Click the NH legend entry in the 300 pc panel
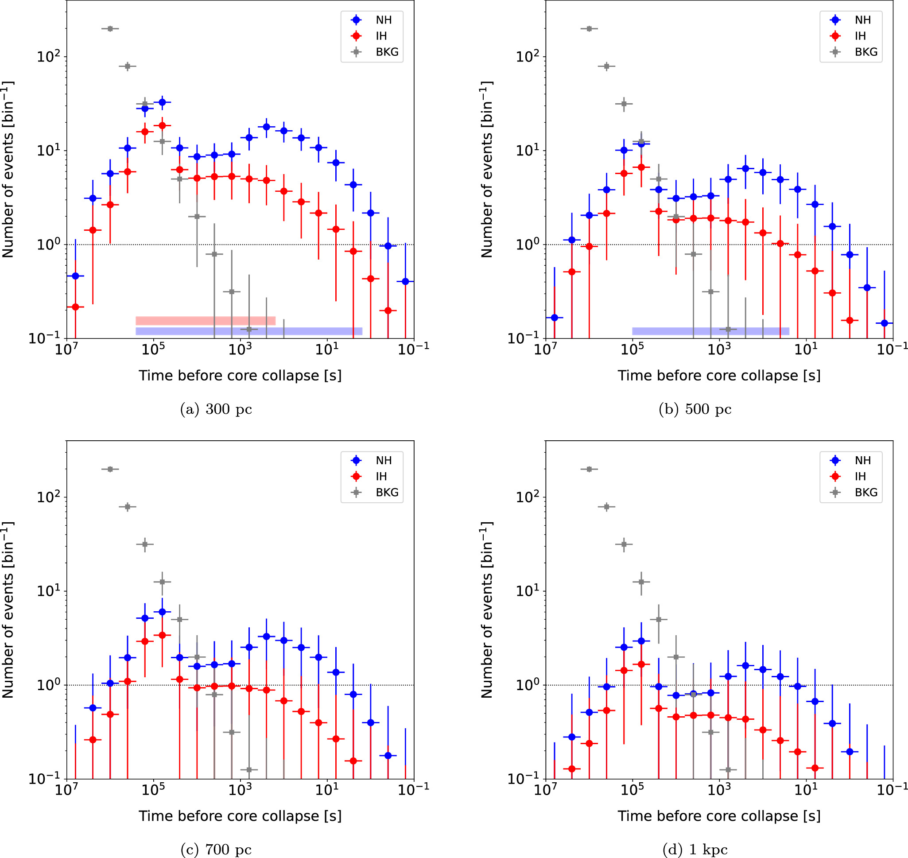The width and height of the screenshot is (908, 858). (383, 20)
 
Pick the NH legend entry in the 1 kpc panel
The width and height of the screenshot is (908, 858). (862, 461)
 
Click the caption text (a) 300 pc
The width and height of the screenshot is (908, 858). (216, 409)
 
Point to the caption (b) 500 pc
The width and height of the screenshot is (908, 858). (695, 409)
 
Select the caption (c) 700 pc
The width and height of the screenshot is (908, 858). (216, 849)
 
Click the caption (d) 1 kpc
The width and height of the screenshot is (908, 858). (695, 849)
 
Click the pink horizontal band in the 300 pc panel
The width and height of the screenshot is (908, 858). (206, 321)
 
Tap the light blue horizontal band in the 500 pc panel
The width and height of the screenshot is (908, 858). (710, 331)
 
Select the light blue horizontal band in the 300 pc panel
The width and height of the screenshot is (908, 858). (249, 331)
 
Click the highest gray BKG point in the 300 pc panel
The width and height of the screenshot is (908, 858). (110, 29)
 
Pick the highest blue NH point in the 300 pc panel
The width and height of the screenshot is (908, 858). (162, 102)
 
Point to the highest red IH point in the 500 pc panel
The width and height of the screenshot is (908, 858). (641, 167)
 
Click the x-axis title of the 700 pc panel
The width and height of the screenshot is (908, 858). (240, 816)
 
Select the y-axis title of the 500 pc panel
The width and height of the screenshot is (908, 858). (486, 169)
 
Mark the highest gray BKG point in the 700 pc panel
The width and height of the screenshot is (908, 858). (110, 469)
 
